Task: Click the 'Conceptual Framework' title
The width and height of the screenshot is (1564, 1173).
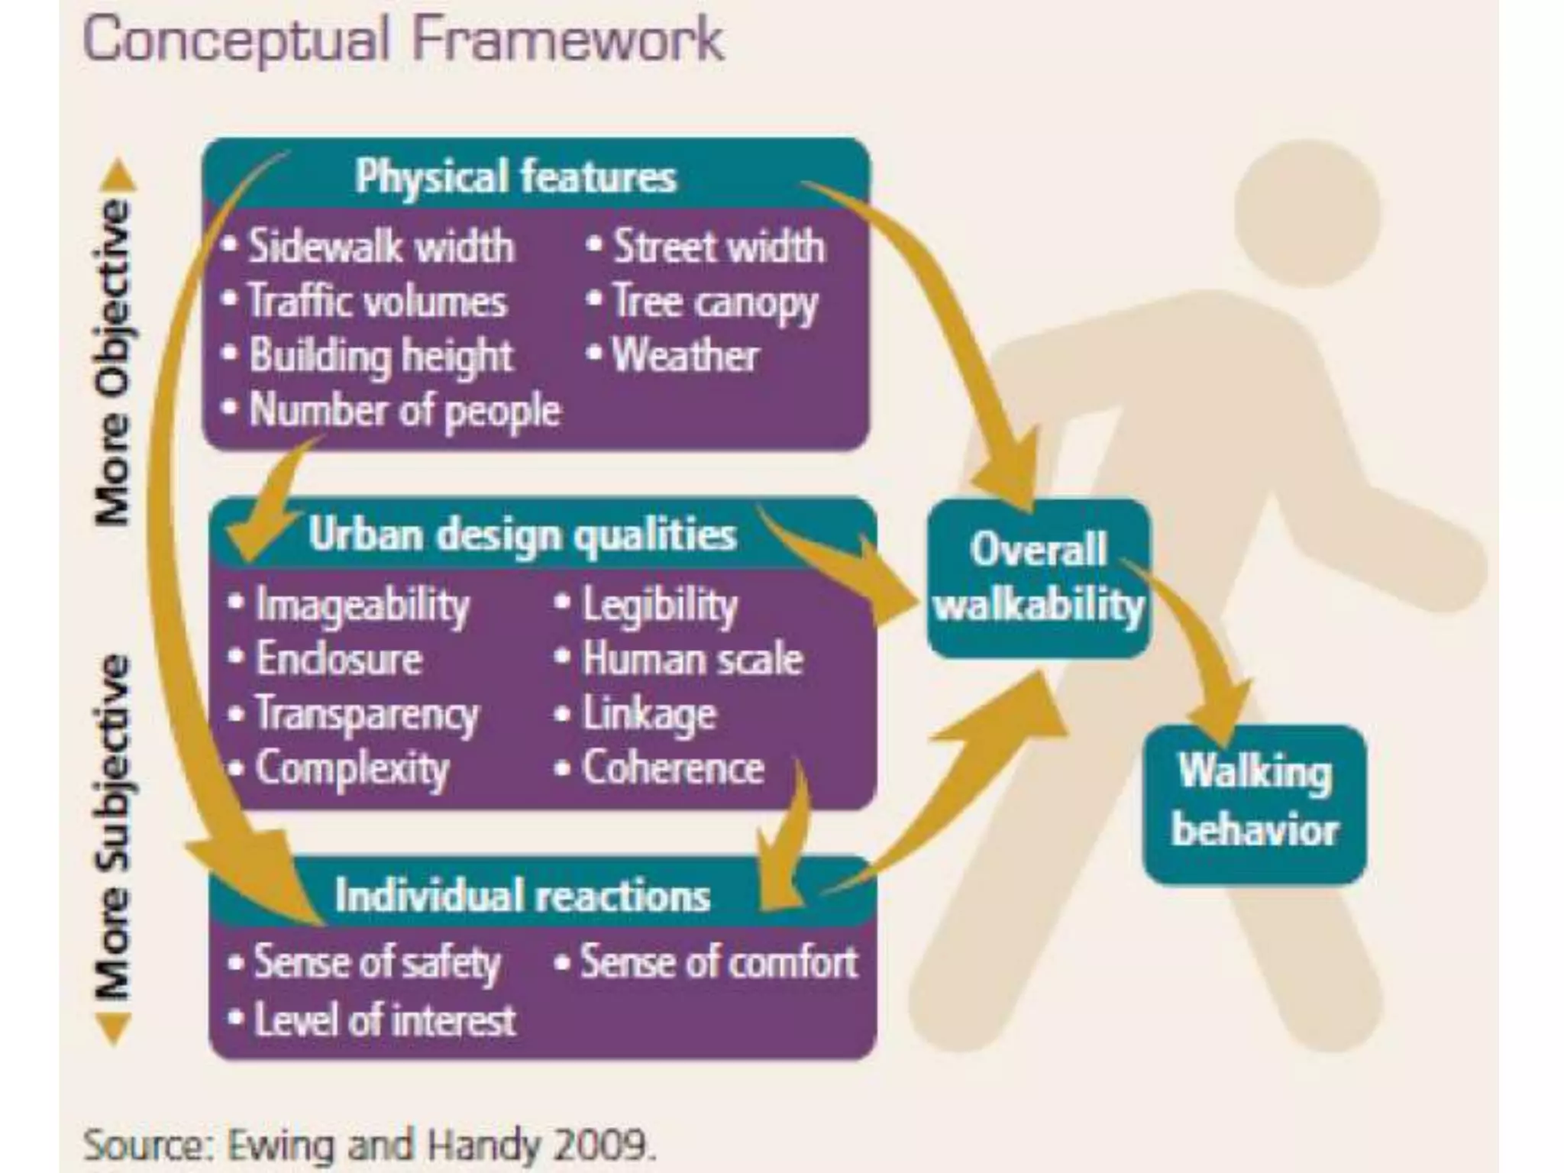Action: click(x=402, y=40)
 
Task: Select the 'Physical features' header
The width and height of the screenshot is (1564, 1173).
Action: click(x=515, y=176)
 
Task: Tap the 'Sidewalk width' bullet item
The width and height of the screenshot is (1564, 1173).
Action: click(x=380, y=247)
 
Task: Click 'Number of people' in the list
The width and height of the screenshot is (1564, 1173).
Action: click(x=404, y=410)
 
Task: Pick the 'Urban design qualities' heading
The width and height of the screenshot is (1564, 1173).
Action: click(x=522, y=535)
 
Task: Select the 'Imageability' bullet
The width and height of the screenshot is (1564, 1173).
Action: click(x=361, y=605)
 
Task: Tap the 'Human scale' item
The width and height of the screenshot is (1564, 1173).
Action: click(x=692, y=659)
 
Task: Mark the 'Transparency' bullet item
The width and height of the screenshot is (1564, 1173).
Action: click(x=366, y=714)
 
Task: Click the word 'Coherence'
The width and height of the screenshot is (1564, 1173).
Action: click(x=672, y=767)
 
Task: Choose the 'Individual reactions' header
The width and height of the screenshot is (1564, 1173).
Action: click(x=522, y=895)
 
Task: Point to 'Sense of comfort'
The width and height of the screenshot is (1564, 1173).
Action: click(x=718, y=961)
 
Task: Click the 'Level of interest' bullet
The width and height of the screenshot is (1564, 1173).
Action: click(x=384, y=1020)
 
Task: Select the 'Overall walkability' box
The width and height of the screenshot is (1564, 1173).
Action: click(x=1039, y=578)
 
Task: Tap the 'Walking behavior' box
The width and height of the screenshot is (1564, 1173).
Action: click(x=1255, y=802)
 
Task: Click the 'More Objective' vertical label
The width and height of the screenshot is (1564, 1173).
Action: click(x=112, y=362)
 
